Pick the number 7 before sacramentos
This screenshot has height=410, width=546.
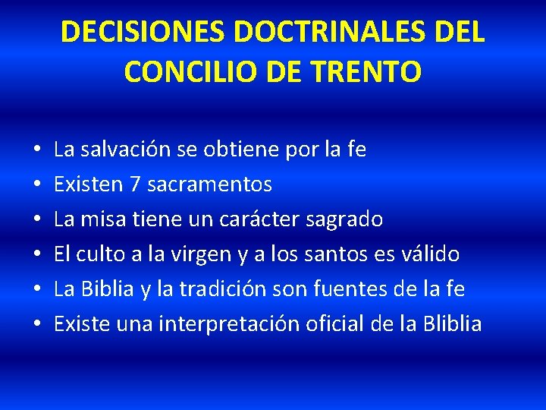coord(130,184)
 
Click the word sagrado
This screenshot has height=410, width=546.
coord(345,219)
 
